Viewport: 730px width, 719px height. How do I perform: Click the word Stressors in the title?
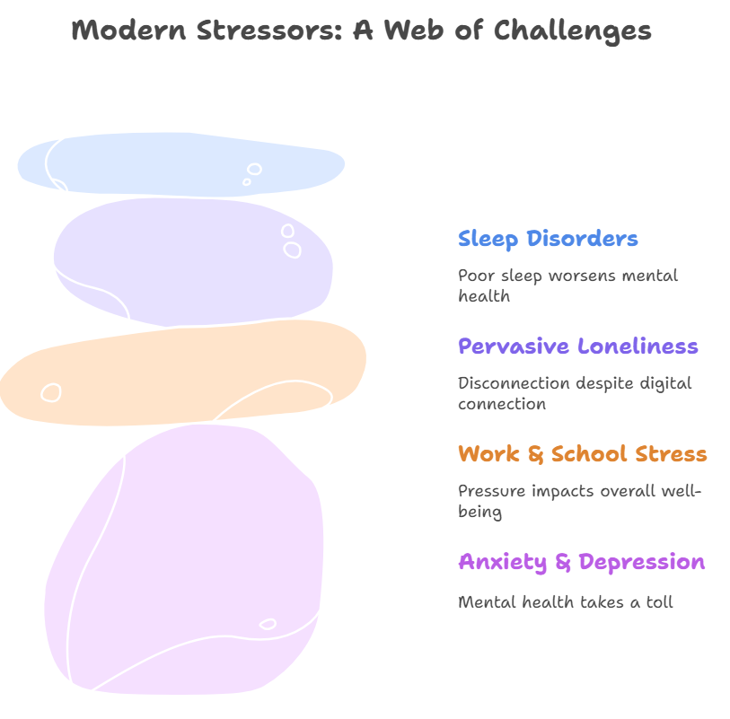coord(259,30)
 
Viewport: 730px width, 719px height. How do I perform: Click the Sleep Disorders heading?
coord(548,239)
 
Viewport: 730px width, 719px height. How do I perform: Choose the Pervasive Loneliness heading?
coord(577,346)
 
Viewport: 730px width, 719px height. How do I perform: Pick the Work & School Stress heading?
coord(582,454)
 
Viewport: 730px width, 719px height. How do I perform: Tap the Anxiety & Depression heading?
coord(581,562)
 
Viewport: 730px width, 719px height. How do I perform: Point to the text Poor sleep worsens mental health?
coord(567,285)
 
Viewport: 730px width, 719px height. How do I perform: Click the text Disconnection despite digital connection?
coord(575,393)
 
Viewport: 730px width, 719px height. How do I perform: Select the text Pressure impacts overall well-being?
coord(579,501)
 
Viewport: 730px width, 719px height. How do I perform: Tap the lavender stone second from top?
coord(193,260)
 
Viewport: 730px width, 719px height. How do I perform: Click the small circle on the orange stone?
coord(51,392)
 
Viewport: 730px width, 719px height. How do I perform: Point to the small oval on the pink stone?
coord(268,624)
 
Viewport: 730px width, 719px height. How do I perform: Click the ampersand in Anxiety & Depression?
coord(563,563)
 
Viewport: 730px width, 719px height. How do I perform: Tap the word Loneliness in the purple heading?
coord(638,346)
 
